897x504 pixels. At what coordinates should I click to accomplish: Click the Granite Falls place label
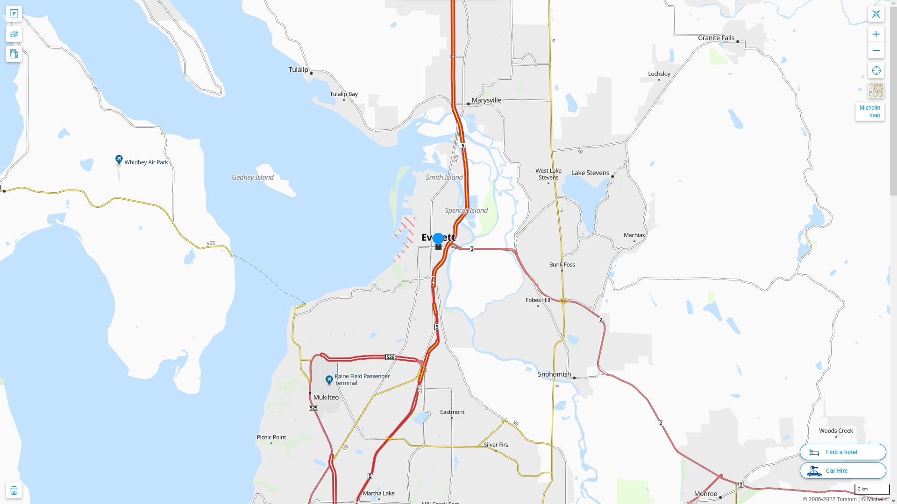(716, 38)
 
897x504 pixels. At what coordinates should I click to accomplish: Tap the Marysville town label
(486, 100)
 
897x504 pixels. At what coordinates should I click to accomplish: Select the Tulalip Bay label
(343, 94)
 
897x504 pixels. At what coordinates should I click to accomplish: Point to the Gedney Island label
(253, 177)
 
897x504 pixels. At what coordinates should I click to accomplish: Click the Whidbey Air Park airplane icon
(119, 160)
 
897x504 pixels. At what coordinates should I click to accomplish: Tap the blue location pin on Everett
(438, 239)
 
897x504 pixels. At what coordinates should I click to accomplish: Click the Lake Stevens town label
(590, 173)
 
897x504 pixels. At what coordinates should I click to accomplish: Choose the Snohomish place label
(554, 374)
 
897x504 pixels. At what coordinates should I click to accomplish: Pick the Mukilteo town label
(326, 398)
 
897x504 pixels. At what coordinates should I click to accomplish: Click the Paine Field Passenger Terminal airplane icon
(329, 380)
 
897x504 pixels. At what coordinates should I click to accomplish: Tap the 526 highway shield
(390, 357)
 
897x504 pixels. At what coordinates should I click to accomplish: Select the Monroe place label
(705, 494)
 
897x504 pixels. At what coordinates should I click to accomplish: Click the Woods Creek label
(836, 431)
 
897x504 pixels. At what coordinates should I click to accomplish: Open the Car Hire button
(842, 471)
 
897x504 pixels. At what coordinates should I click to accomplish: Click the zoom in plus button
(876, 34)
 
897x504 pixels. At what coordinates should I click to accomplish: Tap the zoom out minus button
(876, 50)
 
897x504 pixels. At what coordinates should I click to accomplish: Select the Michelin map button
(869, 112)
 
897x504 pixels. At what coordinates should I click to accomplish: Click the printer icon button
(14, 490)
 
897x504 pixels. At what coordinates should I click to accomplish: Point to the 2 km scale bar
(872, 489)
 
